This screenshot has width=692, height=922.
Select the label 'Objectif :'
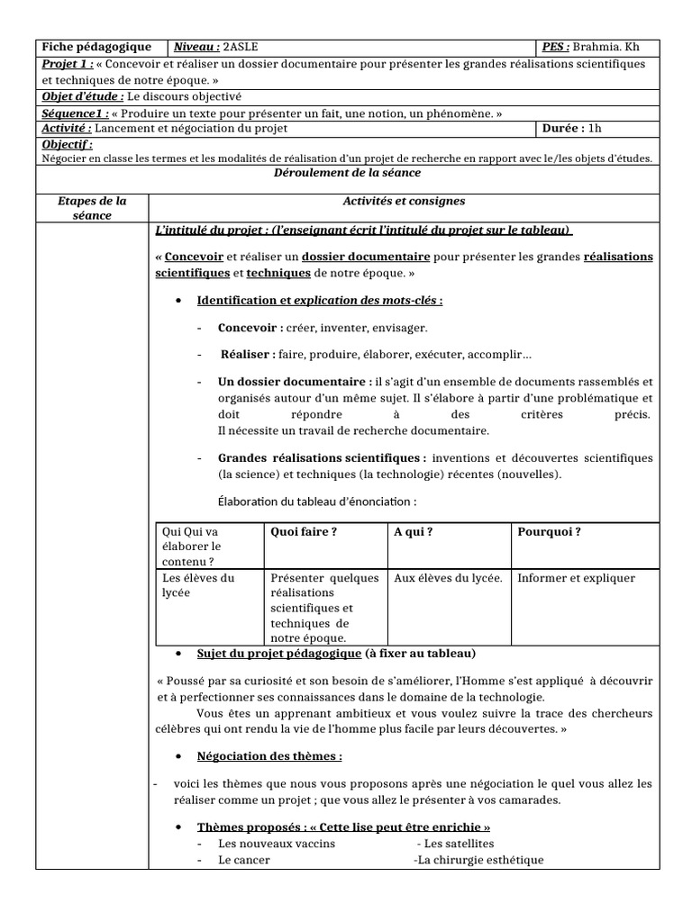68,144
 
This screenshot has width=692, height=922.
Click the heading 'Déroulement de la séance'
347,173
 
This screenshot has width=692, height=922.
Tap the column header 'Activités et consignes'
404,201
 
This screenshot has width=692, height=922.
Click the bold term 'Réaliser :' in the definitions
249,355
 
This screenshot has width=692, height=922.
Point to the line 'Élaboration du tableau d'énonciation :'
318,502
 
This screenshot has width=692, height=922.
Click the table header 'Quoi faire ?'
304,531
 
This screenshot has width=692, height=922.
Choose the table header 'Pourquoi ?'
549,531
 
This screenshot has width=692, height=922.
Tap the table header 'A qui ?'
414,531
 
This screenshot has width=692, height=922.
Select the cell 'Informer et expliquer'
577,578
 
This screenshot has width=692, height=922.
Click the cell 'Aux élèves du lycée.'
448,578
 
